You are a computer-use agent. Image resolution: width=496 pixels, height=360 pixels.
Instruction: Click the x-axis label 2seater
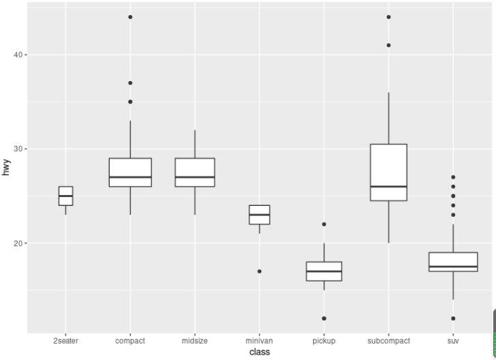[x=65, y=340]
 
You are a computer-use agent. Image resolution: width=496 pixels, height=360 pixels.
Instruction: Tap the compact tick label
[x=130, y=340]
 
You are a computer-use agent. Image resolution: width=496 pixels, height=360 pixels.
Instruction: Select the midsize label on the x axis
[x=195, y=340]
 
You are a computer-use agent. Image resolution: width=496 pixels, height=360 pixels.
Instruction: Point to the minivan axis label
[x=259, y=340]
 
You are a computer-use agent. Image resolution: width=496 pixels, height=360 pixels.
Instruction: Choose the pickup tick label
[x=324, y=340]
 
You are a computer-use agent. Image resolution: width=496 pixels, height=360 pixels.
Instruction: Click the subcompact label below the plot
[x=388, y=340]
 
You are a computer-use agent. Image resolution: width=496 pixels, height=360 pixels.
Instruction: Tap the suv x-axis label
[x=453, y=340]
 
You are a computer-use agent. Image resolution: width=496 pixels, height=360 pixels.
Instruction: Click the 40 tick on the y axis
[x=18, y=55]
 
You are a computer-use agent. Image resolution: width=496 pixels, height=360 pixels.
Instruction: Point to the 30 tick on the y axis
[x=18, y=149]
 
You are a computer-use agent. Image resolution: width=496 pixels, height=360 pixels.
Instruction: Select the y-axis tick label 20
[x=18, y=243]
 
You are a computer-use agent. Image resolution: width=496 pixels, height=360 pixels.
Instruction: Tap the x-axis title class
[x=259, y=352]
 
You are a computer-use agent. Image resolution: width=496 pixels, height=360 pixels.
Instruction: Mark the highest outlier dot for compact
[x=130, y=17]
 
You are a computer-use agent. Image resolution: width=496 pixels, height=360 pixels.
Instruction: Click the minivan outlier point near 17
[x=259, y=271]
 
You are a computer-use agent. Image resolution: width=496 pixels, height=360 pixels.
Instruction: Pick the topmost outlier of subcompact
[x=388, y=17]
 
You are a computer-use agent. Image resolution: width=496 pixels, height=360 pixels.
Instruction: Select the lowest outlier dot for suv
[x=453, y=318]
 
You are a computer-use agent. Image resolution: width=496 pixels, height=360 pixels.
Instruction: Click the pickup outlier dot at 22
[x=324, y=224]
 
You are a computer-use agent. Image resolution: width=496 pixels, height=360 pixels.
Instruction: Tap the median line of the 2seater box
[x=65, y=196]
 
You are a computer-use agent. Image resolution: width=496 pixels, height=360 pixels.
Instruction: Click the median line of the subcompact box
[x=388, y=187]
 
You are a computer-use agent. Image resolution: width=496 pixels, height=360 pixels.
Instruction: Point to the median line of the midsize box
[x=195, y=177]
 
